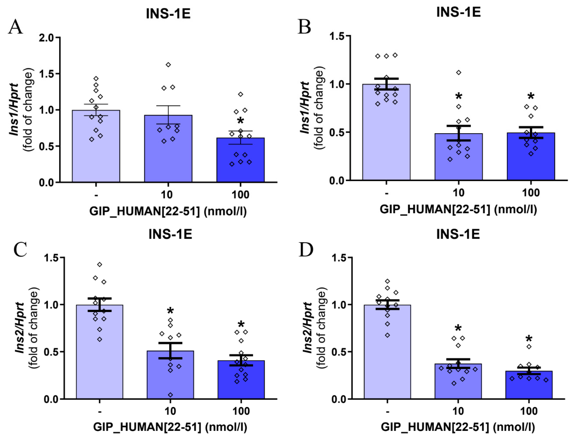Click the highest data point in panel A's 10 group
[x=168, y=65]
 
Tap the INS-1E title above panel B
[x=458, y=13]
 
